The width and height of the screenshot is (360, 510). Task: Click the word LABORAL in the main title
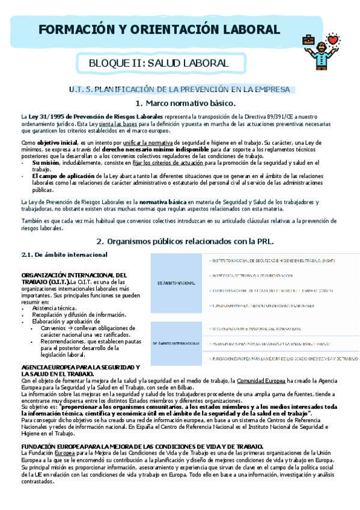pyautogui.click(x=245, y=30)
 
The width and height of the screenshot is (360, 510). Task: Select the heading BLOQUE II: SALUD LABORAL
pyautogui.click(x=158, y=63)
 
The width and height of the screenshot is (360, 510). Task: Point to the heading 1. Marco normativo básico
pyautogui.click(x=180, y=103)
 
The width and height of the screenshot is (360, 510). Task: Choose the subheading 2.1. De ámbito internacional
pyautogui.click(x=64, y=254)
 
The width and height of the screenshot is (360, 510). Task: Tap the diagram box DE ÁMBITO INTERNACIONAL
pyautogui.click(x=175, y=343)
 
